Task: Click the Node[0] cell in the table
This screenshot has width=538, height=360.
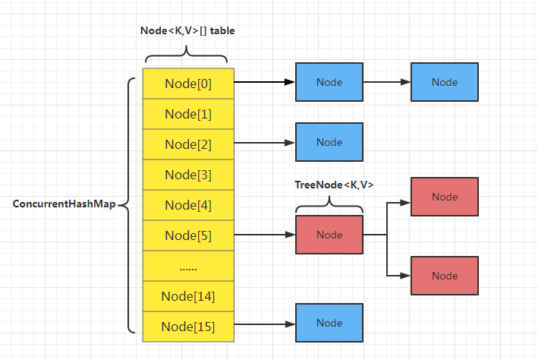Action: pyautogui.click(x=188, y=84)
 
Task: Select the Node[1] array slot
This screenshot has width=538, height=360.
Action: pyautogui.click(x=188, y=114)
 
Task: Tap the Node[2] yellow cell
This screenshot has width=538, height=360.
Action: pyautogui.click(x=188, y=144)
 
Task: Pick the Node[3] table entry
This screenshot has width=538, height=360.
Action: pyautogui.click(x=188, y=175)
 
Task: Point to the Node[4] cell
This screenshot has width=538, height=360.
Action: pyautogui.click(x=188, y=205)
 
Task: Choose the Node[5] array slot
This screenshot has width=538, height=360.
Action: pyautogui.click(x=188, y=235)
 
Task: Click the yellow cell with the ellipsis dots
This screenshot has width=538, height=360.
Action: pyautogui.click(x=188, y=266)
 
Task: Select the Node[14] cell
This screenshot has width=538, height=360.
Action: pyautogui.click(x=188, y=296)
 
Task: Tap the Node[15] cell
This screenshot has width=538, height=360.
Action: pyautogui.click(x=188, y=327)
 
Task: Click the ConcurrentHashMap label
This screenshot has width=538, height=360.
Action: pyautogui.click(x=64, y=204)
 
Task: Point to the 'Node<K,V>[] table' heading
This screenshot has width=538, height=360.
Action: pyautogui.click(x=187, y=30)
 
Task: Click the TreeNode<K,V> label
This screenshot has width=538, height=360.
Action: pyautogui.click(x=334, y=185)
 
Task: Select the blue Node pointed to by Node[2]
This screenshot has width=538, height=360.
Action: pyautogui.click(x=329, y=142)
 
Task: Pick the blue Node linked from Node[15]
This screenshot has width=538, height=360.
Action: pyautogui.click(x=329, y=323)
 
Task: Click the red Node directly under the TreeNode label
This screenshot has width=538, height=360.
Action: pyautogui.click(x=329, y=235)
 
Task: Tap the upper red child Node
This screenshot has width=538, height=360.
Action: pyautogui.click(x=445, y=197)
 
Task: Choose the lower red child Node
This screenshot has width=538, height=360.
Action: pyautogui.click(x=445, y=276)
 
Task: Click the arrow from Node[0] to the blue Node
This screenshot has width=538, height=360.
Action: pyautogui.click(x=265, y=82)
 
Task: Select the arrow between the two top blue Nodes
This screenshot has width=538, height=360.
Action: pyautogui.click(x=387, y=82)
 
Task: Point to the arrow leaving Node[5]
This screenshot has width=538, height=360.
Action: pyautogui.click(x=265, y=235)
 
